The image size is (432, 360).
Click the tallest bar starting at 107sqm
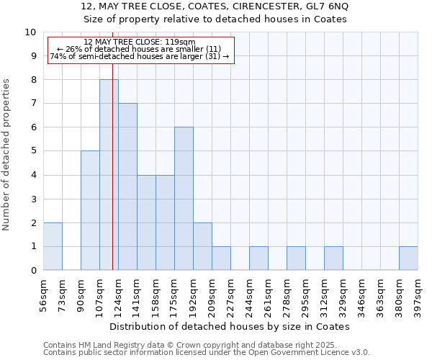tap(109, 175)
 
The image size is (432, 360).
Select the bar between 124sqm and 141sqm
tap(127, 186)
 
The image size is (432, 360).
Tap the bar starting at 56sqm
tap(53, 246)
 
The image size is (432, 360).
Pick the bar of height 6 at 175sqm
tap(184, 199)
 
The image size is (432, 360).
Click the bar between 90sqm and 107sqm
tap(90, 210)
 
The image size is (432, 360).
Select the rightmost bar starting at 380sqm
tap(408, 258)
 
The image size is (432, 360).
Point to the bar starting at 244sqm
tap(258, 258)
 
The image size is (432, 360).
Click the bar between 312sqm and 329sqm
tap(333, 258)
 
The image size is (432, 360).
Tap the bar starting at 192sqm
tap(202, 246)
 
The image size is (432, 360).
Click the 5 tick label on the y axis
tap(32, 151)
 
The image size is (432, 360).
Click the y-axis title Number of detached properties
tap(7, 155)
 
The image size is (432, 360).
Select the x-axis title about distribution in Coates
tap(230, 326)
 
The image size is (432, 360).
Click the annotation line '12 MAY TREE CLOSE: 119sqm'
tap(140, 42)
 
